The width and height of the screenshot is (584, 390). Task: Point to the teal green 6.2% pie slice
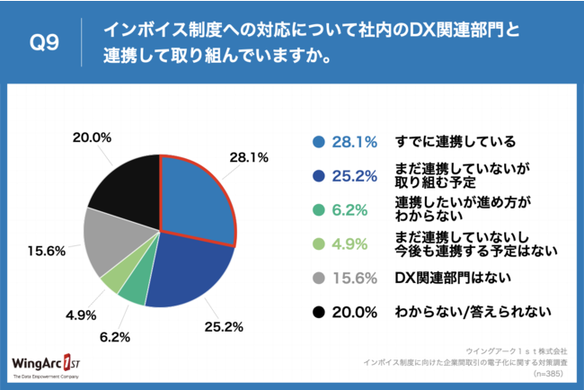[x=134, y=288]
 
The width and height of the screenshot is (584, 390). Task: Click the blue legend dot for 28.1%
[x=318, y=141]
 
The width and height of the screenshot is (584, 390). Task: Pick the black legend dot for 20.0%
[x=318, y=311]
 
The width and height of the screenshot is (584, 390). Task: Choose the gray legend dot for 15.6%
[x=318, y=277]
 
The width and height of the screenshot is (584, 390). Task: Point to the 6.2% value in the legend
[x=351, y=209]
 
